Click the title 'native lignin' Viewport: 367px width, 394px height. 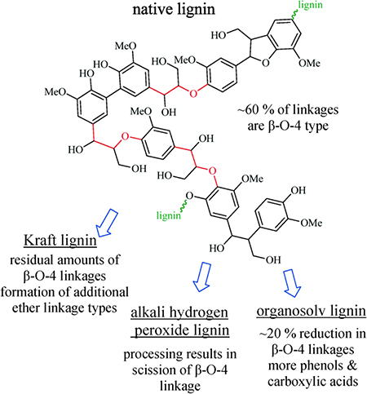click(x=174, y=10)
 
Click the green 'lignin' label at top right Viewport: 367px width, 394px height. click(x=310, y=5)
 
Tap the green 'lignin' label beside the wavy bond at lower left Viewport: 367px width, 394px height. click(x=169, y=215)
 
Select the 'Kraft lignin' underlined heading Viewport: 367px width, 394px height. click(x=60, y=241)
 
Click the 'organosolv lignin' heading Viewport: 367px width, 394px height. click(x=312, y=311)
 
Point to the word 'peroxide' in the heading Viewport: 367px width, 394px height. click(x=160, y=330)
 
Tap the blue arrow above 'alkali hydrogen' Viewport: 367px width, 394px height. click(x=202, y=277)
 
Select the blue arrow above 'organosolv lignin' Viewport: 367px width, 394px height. click(x=293, y=283)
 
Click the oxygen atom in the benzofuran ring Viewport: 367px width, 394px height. click(x=266, y=63)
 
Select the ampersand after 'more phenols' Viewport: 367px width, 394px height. click(x=352, y=365)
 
